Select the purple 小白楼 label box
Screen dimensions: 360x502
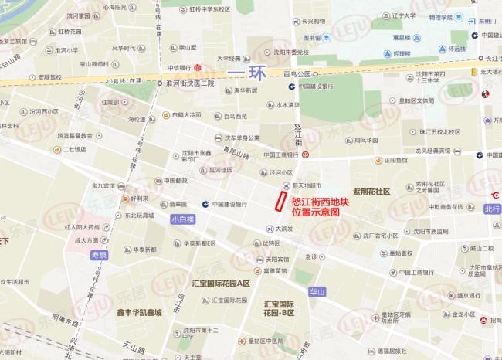click(x=182, y=219)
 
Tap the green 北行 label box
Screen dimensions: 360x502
click(x=492, y=209)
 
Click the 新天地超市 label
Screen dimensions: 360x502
click(x=304, y=185)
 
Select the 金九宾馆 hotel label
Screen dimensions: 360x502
click(x=103, y=185)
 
